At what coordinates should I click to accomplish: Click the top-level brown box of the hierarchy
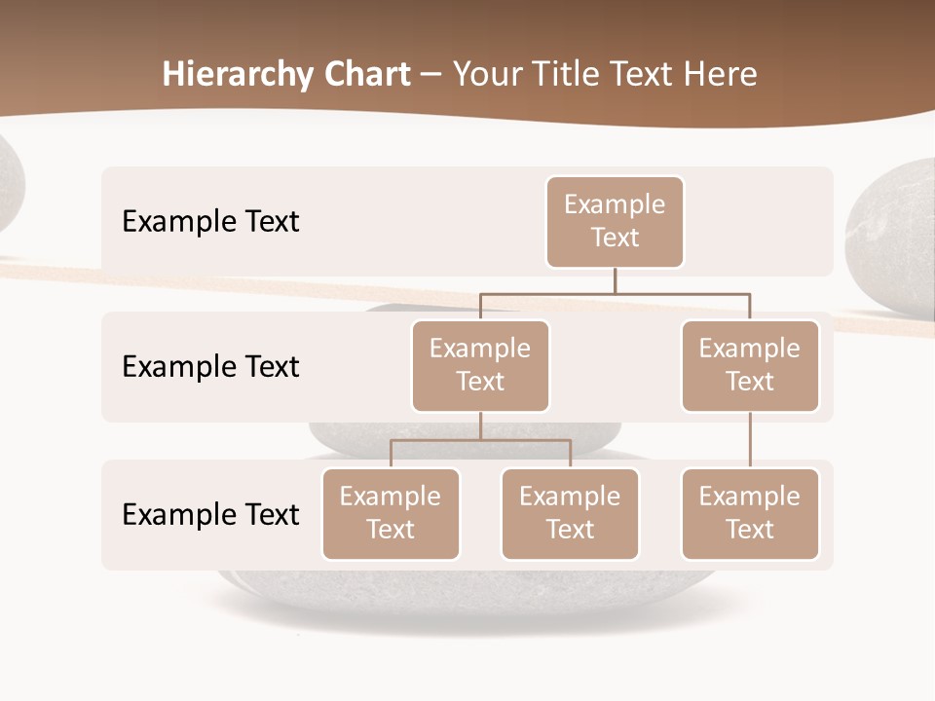coord(615,221)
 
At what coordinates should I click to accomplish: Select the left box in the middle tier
coord(480,365)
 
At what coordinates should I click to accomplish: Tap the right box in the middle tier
coord(750,365)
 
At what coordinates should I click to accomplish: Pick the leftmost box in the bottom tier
coord(391,513)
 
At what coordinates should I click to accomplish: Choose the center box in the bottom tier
coord(570,513)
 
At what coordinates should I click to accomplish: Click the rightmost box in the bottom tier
coord(750,513)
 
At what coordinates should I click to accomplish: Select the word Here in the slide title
coord(721,75)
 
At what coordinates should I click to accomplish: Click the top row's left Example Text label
coord(210,221)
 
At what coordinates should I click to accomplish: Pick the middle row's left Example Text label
coord(210,366)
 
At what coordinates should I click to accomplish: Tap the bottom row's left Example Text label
coord(210,514)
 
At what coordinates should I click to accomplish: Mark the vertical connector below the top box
coord(615,280)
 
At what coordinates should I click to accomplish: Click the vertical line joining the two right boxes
coord(750,440)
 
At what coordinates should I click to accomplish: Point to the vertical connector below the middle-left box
coord(480,425)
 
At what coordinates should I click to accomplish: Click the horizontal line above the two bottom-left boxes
coord(480,440)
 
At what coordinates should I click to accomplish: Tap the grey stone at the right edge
coord(891,234)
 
